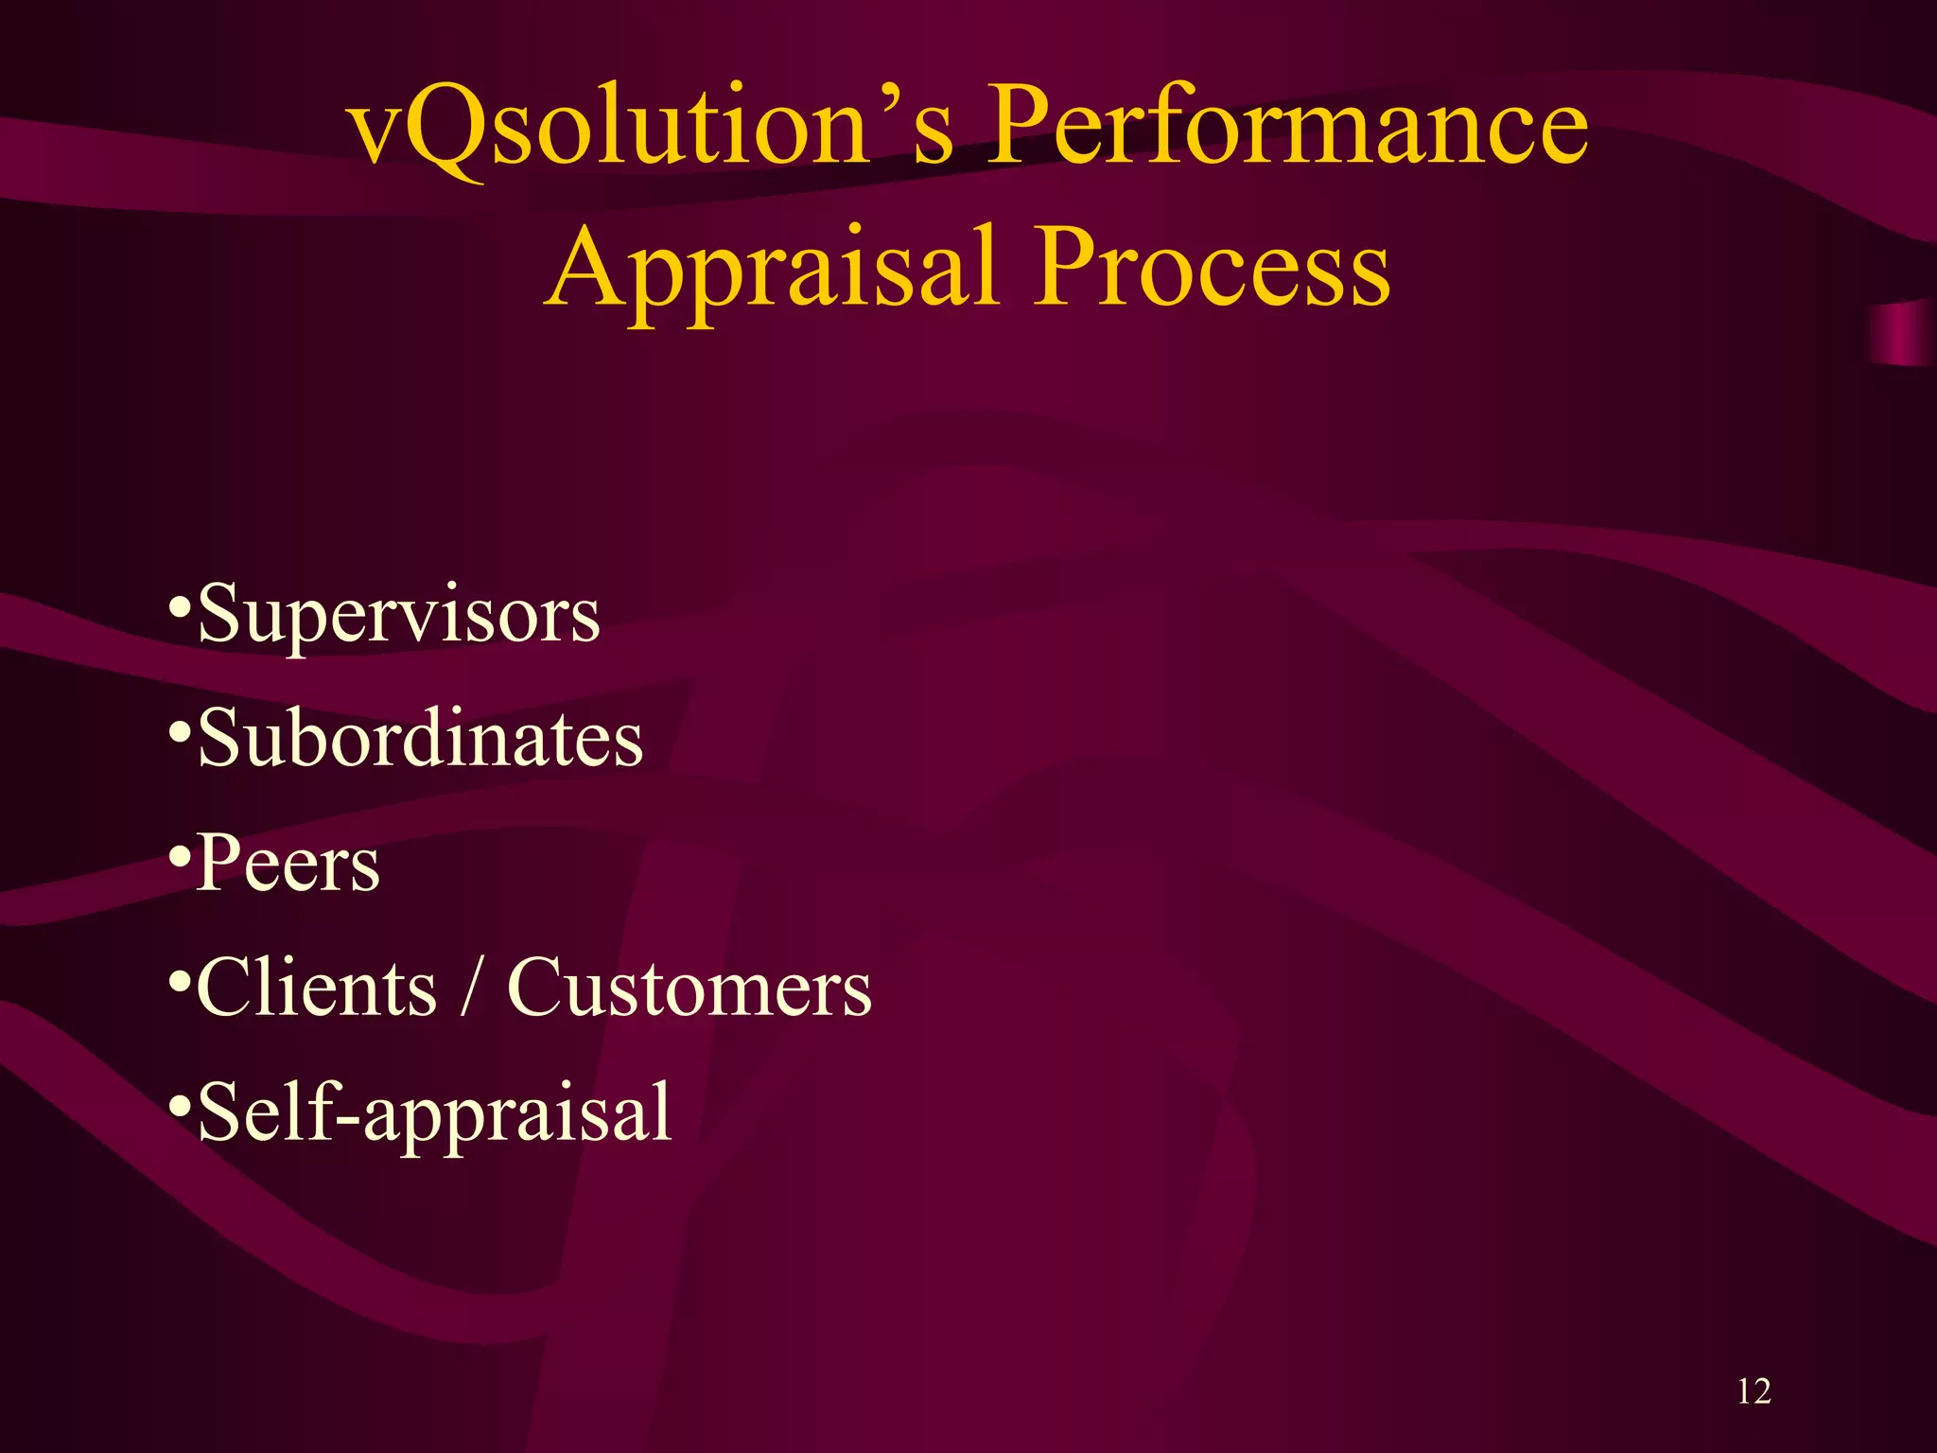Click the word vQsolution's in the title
pyautogui.click(x=653, y=128)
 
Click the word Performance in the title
pyautogui.click(x=1286, y=128)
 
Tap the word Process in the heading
pyautogui.click(x=1211, y=270)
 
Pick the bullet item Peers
pyautogui.click(x=288, y=865)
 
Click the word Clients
pyautogui.click(x=317, y=989)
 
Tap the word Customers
pyautogui.click(x=689, y=989)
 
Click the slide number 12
pyautogui.click(x=1754, y=1392)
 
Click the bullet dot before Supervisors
pyautogui.click(x=179, y=605)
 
